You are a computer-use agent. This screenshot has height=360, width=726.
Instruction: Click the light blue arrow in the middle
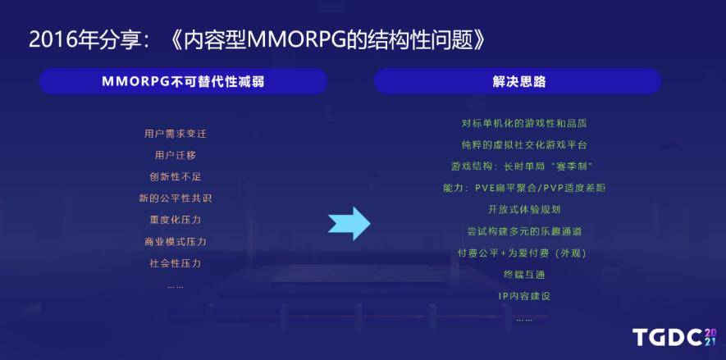[349, 223]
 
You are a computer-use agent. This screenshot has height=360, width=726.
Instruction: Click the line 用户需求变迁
[176, 134]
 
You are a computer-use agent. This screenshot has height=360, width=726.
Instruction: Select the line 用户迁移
[176, 156]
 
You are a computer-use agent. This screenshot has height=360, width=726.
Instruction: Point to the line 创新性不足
[176, 177]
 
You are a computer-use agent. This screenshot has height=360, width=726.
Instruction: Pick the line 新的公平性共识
[176, 198]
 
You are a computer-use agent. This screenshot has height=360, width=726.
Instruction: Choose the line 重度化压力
[176, 220]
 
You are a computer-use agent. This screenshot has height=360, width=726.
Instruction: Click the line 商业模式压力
[176, 242]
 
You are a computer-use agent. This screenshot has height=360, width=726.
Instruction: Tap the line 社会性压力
[176, 263]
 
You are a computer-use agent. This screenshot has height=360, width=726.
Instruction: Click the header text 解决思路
[519, 82]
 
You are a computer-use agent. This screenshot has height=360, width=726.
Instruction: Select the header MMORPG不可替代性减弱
[184, 82]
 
